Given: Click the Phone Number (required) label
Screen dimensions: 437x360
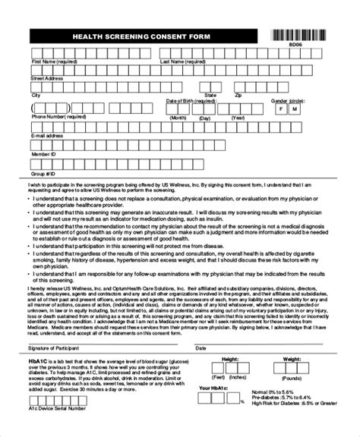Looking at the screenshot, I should (x=59, y=118).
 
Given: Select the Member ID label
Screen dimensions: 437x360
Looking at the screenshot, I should (x=43, y=152).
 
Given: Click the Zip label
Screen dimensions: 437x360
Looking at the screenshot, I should (x=237, y=96).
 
